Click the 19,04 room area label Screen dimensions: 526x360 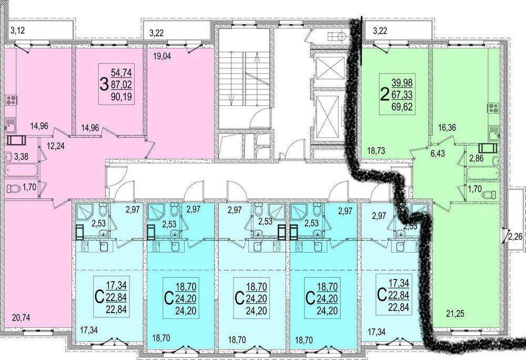162,56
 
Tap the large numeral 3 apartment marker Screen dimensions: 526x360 104,85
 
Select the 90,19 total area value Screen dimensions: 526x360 121,97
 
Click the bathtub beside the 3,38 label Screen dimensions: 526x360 22,170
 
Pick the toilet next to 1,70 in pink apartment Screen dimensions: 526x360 13,189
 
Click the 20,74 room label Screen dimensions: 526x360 21,317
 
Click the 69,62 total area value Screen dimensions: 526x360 402,107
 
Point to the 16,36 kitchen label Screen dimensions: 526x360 448,127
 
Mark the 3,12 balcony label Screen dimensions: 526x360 18,31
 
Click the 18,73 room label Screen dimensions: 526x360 376,151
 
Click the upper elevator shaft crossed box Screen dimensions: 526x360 330,68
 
